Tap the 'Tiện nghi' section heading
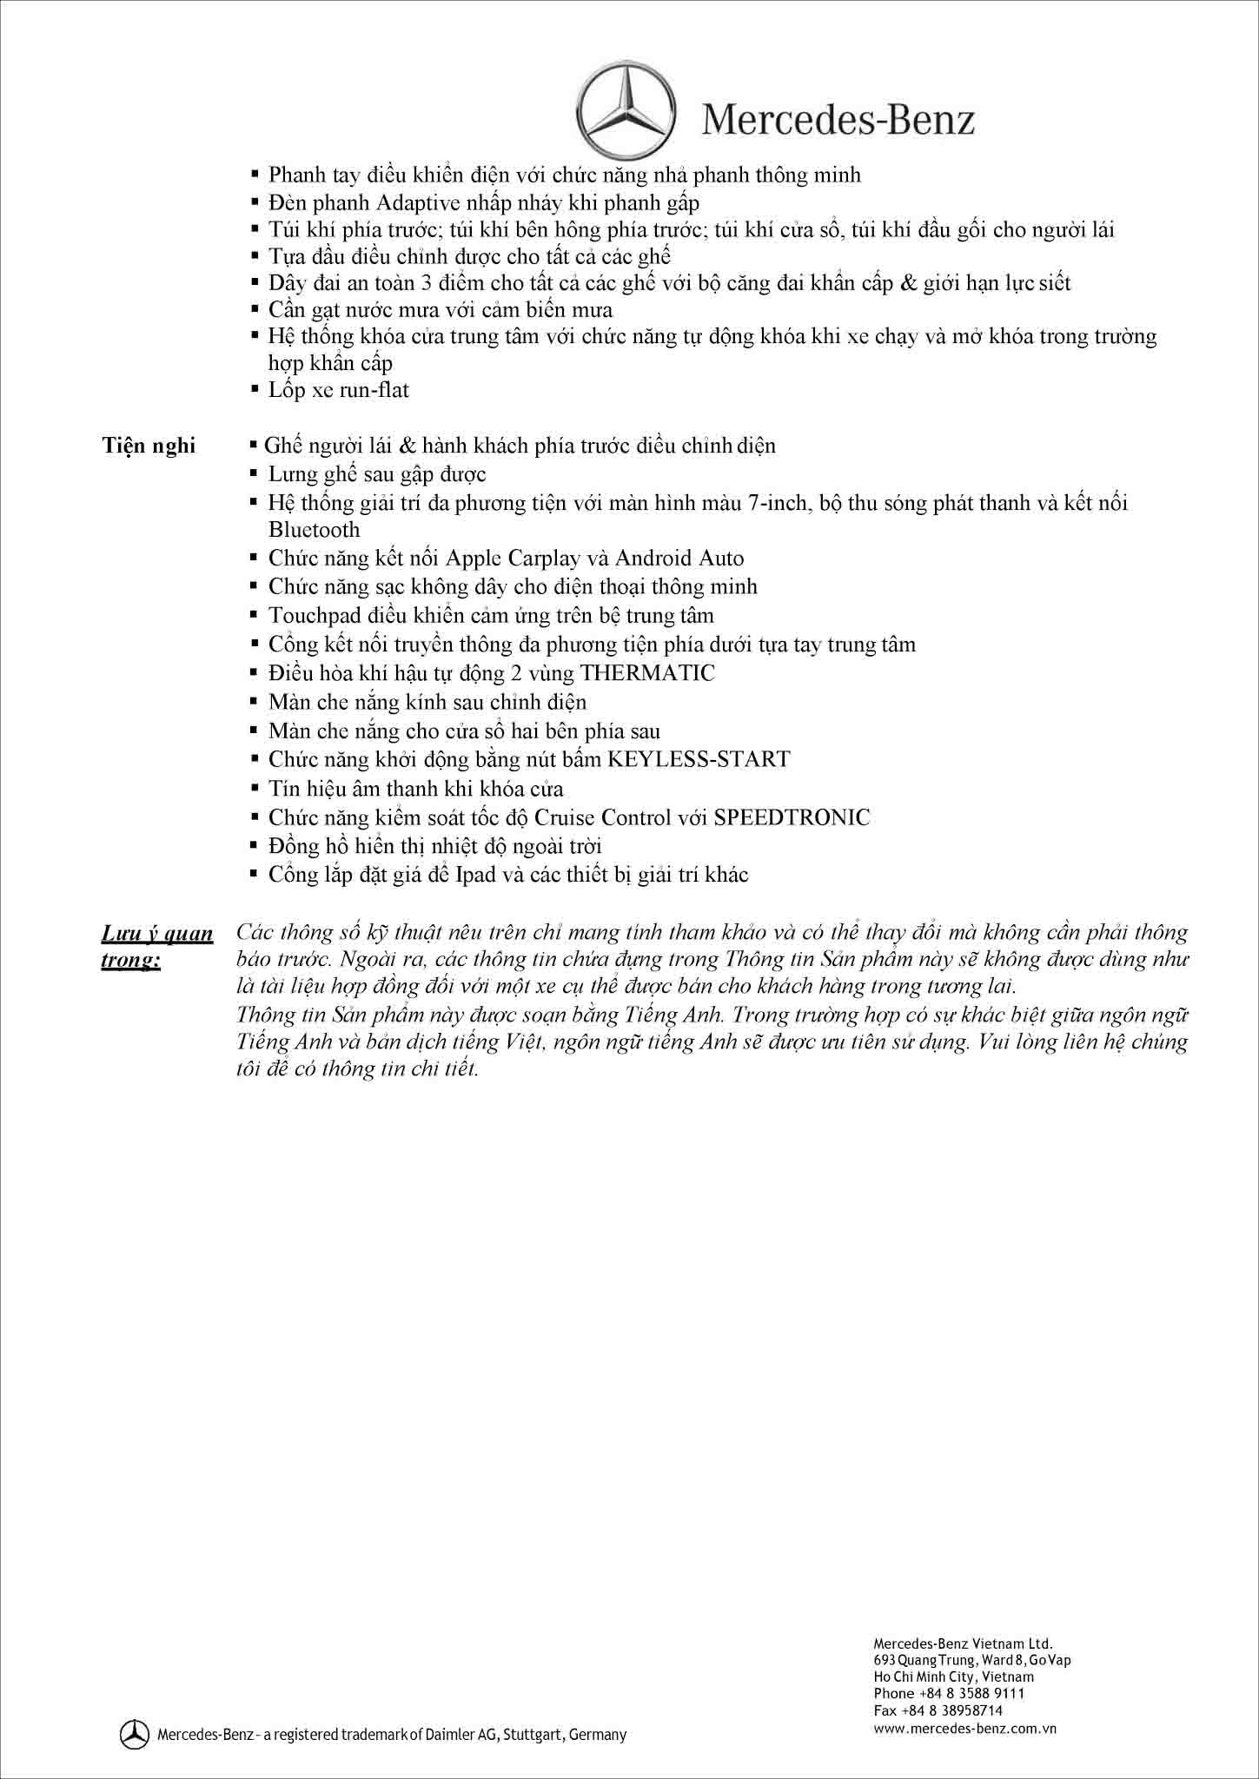click(149, 446)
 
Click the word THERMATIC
click(647, 673)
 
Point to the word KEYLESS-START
click(699, 759)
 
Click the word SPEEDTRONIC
click(792, 817)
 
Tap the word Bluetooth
click(314, 530)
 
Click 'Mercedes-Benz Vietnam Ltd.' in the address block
click(963, 1643)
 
